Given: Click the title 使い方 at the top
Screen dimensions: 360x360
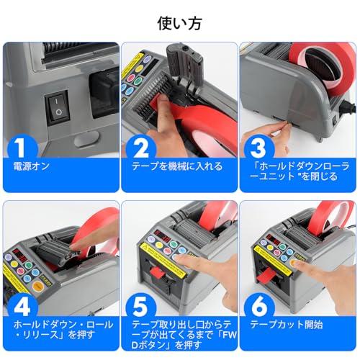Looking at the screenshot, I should click(x=179, y=22).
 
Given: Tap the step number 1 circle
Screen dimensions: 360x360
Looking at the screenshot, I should click(x=23, y=148).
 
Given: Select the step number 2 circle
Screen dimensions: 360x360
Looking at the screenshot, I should click(x=142, y=148).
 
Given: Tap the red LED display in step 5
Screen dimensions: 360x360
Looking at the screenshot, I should click(x=162, y=237).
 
